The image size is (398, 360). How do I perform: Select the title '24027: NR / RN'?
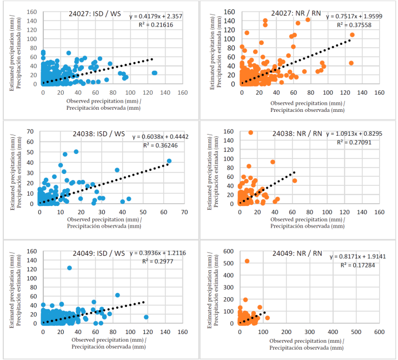294,14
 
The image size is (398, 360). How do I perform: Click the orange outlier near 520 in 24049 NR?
247,261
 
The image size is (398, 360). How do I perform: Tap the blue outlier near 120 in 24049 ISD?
69,268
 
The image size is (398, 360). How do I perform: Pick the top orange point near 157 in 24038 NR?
250,132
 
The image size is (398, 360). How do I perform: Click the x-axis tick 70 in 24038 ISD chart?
184,212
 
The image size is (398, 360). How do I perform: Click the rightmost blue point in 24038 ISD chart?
169,161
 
